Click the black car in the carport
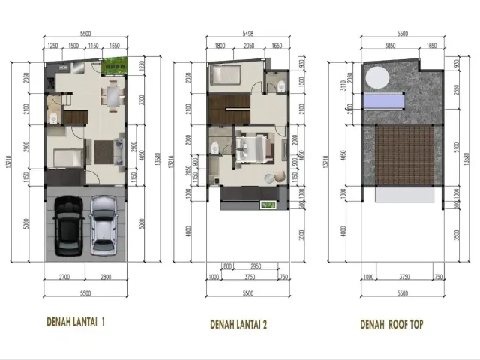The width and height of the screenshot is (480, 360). pyautogui.click(x=68, y=226)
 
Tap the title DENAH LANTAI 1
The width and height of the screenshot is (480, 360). pyautogui.click(x=75, y=322)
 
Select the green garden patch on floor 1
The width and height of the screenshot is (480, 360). pyautogui.click(x=117, y=67)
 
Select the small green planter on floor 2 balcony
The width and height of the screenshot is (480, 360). pyautogui.click(x=267, y=205)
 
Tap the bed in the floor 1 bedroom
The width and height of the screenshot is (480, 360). pyautogui.click(x=66, y=158)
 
